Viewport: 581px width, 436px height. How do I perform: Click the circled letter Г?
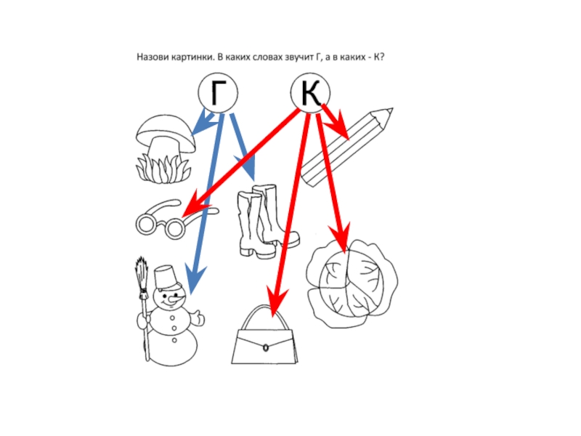tap(218, 93)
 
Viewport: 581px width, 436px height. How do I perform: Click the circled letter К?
tap(310, 93)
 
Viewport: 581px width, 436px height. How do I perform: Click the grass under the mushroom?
tap(163, 170)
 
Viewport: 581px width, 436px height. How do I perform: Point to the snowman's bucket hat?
tap(165, 277)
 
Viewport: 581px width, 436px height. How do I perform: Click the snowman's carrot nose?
tap(176, 298)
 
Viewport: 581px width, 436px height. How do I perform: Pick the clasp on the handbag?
tap(266, 348)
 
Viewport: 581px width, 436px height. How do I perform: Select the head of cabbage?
tap(352, 283)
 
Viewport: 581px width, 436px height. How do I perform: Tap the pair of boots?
tap(267, 222)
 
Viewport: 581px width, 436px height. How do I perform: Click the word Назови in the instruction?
tap(153, 57)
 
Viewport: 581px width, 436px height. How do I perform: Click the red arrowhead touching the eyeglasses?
tap(193, 210)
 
